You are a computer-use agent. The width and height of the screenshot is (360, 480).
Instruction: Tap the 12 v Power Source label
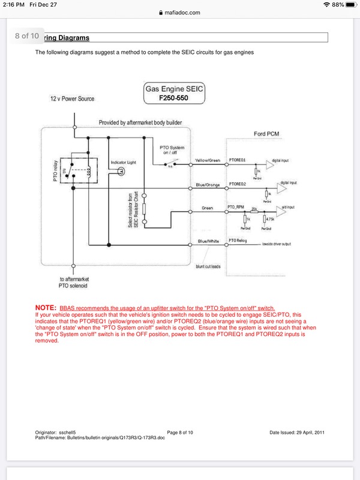(72, 98)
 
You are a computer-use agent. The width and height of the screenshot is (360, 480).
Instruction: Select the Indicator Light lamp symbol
(121, 171)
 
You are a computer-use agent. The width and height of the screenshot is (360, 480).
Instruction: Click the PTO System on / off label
(172, 151)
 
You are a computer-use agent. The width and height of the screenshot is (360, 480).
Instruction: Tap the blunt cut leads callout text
(209, 266)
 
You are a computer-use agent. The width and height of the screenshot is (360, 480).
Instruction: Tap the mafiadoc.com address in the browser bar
(182, 12)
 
